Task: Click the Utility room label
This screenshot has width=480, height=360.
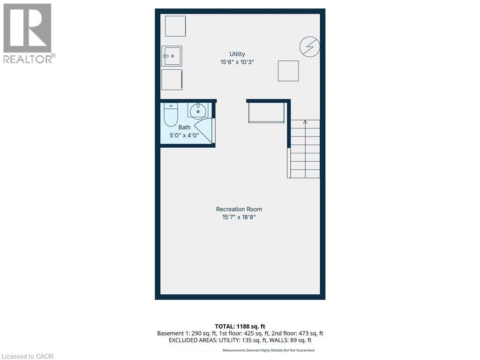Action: [237, 54]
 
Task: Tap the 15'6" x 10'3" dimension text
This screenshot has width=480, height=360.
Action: [237, 62]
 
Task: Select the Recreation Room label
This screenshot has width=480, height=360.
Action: [239, 209]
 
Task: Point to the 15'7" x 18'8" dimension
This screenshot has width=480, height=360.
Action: [239, 217]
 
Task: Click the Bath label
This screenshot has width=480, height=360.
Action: [184, 127]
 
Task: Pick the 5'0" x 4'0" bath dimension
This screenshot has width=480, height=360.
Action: [184, 135]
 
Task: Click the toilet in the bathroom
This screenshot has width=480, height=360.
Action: [171, 112]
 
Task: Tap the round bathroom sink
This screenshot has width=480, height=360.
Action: [198, 111]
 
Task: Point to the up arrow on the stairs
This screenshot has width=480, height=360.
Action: [306, 123]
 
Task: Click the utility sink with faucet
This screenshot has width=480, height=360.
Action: [172, 56]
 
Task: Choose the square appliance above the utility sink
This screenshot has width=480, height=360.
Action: [175, 26]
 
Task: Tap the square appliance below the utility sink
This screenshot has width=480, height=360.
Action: [172, 80]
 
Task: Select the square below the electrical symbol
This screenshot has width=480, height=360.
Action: [288, 71]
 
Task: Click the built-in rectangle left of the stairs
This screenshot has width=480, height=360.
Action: [266, 113]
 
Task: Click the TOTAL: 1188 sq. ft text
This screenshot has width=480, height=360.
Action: [240, 326]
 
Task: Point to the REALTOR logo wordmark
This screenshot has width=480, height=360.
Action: [29, 59]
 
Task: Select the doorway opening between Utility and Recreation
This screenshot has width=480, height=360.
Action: [231, 100]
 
